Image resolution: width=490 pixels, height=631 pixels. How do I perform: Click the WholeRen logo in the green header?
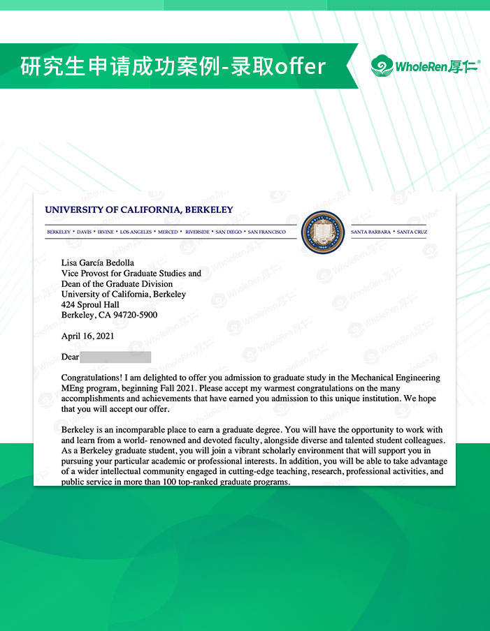tap(425, 67)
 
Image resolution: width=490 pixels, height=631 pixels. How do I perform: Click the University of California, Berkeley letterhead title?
tap(139, 209)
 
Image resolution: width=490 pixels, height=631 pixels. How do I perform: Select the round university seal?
tap(323, 232)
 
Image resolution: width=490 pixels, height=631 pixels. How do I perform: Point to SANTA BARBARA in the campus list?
tap(370, 232)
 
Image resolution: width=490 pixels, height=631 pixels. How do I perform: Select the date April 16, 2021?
tap(87, 336)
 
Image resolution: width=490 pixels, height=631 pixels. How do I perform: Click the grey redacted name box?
tap(115, 357)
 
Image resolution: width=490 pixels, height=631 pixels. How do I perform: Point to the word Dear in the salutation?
tap(70, 357)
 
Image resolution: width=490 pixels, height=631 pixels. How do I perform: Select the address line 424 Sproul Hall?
tap(90, 305)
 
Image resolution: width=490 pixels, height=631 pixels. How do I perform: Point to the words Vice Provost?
tap(85, 274)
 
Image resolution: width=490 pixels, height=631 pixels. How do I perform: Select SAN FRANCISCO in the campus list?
tap(266, 232)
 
